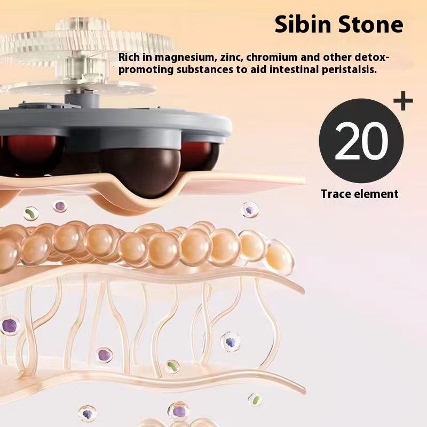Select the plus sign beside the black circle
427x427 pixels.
click(x=402, y=100)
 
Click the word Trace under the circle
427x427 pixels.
click(x=336, y=194)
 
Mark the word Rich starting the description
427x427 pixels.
click(x=128, y=57)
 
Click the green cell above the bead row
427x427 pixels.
click(x=31, y=213)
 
